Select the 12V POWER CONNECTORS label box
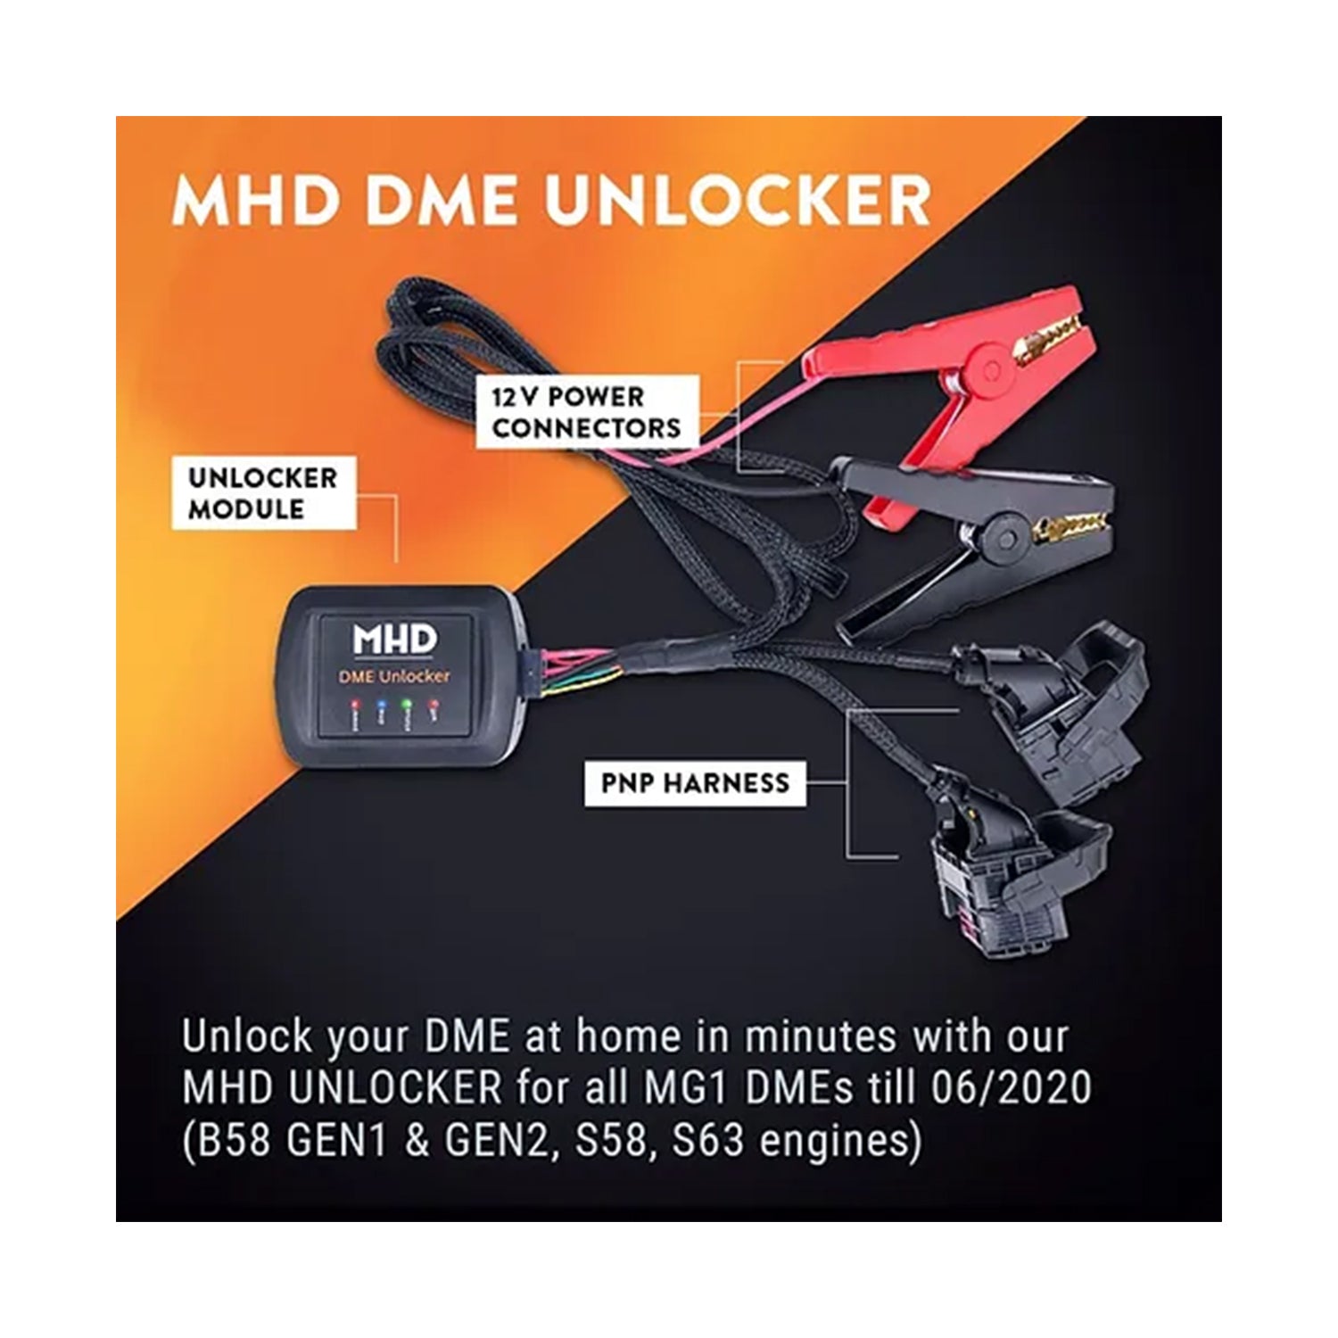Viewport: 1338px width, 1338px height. click(585, 412)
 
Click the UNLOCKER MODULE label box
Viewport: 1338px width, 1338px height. click(263, 493)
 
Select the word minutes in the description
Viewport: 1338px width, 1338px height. click(820, 1037)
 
